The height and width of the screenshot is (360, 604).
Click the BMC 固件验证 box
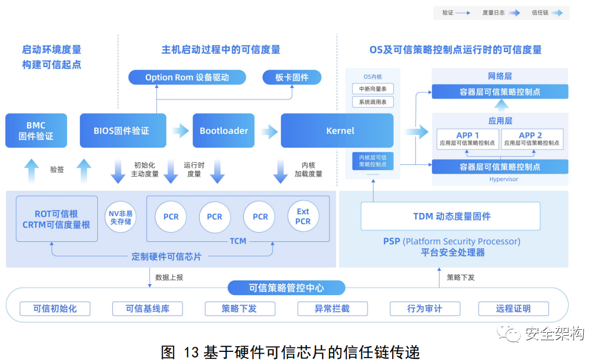[36, 130]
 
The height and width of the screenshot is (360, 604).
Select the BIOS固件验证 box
[122, 130]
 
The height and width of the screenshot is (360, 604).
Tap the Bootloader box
[224, 130]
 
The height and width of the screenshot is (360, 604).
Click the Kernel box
[340, 130]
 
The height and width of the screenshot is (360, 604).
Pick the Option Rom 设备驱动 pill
[186, 77]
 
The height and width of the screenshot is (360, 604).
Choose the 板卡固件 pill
[292, 77]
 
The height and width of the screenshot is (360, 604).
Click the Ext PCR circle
[303, 216]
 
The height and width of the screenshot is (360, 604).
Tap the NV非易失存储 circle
[121, 216]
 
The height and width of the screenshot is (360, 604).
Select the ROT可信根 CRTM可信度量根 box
[56, 219]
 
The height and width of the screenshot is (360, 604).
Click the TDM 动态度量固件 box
[451, 216]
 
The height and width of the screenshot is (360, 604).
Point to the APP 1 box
[467, 139]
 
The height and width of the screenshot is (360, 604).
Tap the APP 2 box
[531, 139]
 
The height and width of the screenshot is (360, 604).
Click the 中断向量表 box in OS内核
[372, 89]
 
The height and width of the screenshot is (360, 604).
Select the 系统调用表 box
[372, 102]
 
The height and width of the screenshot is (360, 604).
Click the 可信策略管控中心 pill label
[286, 288]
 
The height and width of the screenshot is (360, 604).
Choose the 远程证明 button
[513, 308]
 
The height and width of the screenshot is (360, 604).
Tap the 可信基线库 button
[147, 308]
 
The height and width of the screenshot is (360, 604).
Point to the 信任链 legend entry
[547, 12]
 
